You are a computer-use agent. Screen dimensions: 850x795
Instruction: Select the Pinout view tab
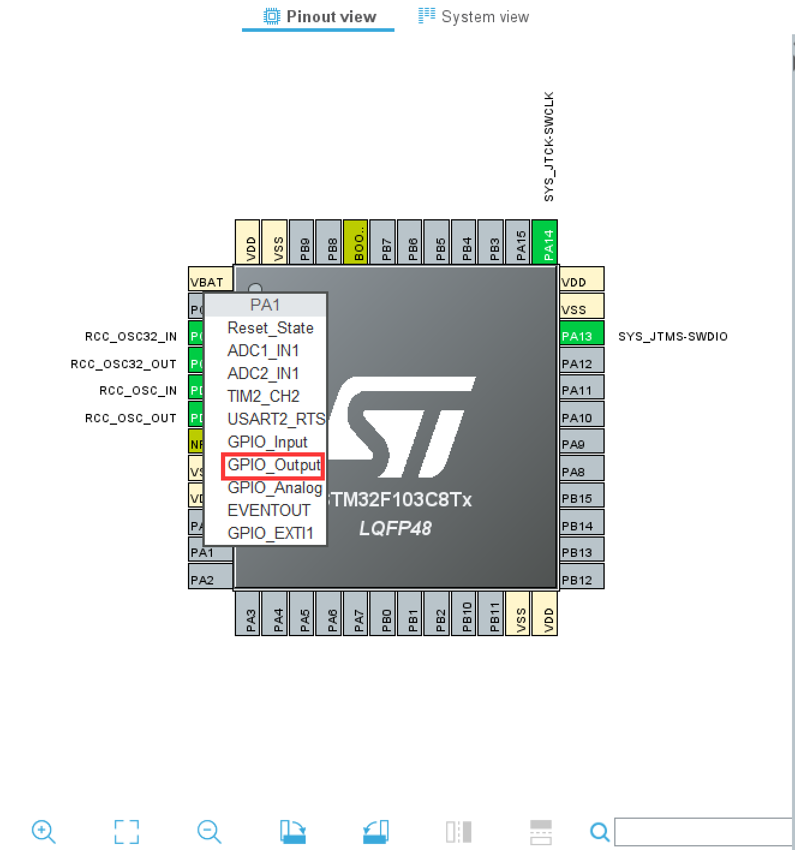coord(319,17)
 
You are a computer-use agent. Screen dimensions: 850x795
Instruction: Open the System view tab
coord(474,17)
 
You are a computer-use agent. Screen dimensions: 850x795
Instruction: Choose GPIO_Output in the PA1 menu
coord(273,466)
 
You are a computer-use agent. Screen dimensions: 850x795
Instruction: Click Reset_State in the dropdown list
coord(270,329)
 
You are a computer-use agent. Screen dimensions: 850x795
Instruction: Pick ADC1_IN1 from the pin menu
coord(263,351)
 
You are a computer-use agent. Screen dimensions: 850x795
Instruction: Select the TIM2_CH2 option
coord(263,397)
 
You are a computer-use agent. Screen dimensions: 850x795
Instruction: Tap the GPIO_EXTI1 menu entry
coord(270,533)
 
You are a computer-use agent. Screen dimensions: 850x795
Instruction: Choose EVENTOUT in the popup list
coord(268,511)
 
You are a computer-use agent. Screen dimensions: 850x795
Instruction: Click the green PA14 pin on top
coord(545,241)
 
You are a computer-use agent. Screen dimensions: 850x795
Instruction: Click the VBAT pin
coord(210,281)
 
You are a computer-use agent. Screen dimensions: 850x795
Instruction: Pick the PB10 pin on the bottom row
coord(467,613)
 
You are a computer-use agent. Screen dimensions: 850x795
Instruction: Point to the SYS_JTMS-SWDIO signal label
coord(673,336)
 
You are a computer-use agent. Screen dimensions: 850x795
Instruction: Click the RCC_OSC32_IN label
coord(131,336)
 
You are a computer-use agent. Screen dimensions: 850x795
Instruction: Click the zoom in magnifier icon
coord(43,832)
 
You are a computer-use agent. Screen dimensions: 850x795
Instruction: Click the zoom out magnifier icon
coord(209,832)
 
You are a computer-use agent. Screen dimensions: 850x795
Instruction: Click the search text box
coord(703,832)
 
